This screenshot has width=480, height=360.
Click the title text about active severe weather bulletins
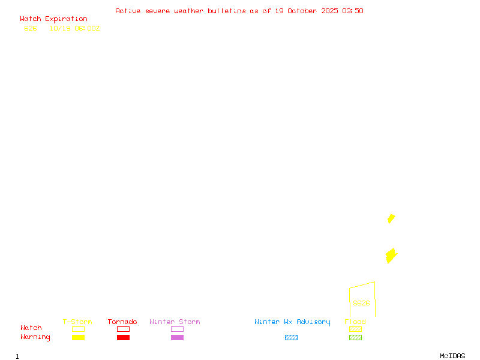coord(239,11)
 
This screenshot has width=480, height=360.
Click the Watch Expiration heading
coord(53,19)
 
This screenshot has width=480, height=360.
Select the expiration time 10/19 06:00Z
coord(74,28)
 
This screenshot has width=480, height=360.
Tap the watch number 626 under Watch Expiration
coord(31,28)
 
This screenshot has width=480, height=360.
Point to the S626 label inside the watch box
coord(361,303)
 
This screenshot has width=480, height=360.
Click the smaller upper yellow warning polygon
coord(391,218)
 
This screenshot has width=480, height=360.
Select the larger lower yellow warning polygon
coord(391,256)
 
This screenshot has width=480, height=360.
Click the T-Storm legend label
coord(77,322)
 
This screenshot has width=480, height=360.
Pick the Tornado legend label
coord(122,322)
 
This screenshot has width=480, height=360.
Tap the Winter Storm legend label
coord(175,322)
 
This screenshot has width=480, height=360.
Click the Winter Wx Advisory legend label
coord(292,322)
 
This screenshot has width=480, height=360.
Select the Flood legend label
coord(355,322)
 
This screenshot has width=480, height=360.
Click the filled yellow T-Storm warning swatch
coord(78,338)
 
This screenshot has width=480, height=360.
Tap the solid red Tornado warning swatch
coord(123,338)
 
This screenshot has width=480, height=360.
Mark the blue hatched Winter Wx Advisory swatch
coord(291,338)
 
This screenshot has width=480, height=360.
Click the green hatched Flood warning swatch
coord(355,338)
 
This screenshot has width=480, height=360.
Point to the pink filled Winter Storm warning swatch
coord(177,338)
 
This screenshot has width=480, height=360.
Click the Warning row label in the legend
coord(35,337)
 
